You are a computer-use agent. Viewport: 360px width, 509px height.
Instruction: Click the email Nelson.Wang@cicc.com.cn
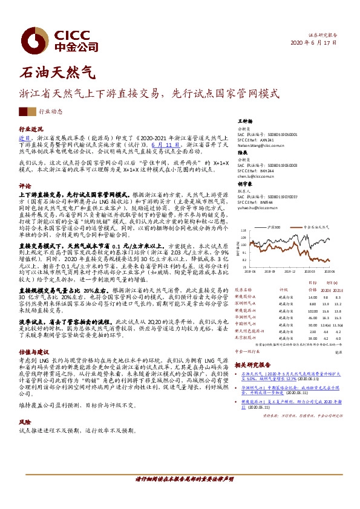click(x=261, y=146)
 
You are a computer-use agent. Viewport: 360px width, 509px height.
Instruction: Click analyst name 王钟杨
click(x=244, y=122)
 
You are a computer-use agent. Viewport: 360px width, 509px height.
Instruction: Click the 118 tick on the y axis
click(x=245, y=230)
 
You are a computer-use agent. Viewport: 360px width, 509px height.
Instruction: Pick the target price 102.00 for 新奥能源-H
click(x=313, y=310)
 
